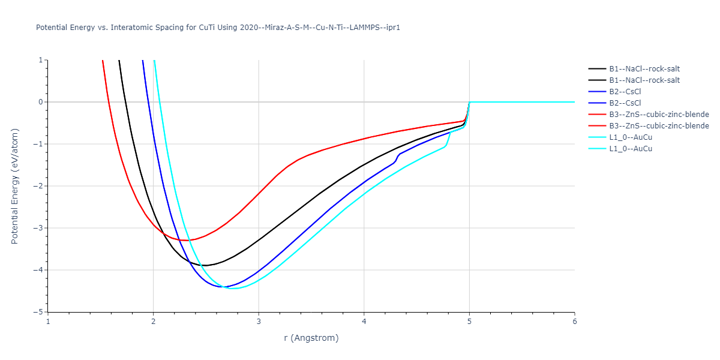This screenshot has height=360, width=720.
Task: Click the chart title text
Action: click(x=218, y=28)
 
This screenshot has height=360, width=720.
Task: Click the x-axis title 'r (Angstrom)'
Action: click(x=311, y=338)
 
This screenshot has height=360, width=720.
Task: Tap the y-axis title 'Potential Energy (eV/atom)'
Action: click(x=15, y=185)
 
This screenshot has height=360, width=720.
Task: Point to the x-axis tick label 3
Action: click(x=259, y=322)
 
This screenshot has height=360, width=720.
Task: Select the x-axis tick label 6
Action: click(x=574, y=322)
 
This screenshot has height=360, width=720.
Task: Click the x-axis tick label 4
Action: click(x=364, y=322)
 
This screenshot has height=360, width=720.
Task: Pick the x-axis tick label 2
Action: click(x=153, y=322)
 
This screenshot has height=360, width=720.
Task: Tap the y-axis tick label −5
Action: click(x=39, y=312)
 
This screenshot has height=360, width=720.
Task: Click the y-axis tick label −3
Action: click(x=39, y=228)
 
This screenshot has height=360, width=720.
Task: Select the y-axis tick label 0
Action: click(x=41, y=102)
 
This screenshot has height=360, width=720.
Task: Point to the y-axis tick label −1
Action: click(x=39, y=144)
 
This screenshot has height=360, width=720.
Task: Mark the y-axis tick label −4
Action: click(x=39, y=270)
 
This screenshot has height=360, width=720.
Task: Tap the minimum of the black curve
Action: click(x=206, y=265)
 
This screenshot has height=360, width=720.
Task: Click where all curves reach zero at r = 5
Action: click(x=469, y=102)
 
